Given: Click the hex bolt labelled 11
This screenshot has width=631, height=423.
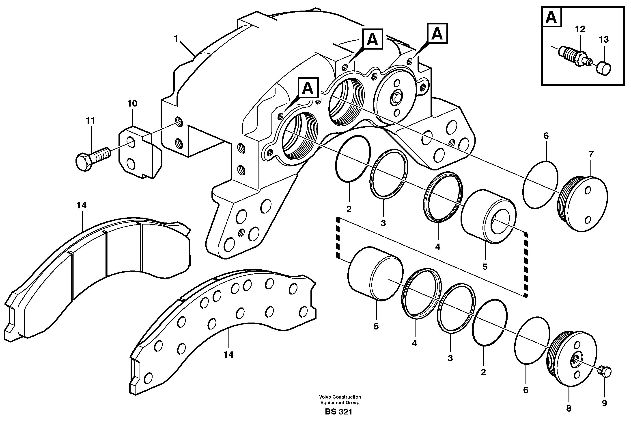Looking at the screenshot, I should click(93, 159).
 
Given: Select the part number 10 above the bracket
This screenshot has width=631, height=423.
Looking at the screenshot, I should click(132, 103).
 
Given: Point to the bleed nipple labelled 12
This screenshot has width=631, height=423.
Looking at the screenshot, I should click(574, 58).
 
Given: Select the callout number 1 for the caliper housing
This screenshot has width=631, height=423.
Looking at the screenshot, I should click(176, 39).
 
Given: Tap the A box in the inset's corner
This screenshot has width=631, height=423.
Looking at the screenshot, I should click(551, 17).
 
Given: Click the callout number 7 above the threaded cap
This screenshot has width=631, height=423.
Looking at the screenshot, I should click(591, 154).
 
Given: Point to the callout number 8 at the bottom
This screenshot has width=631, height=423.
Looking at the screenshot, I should click(569, 408).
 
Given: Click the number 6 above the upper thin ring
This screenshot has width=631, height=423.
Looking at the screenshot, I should click(546, 136).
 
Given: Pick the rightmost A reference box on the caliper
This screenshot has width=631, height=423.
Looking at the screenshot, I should click(437, 34).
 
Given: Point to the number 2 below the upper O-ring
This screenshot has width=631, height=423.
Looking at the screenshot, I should click(349, 209).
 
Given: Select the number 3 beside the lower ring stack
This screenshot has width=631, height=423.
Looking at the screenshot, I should click(450, 358).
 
